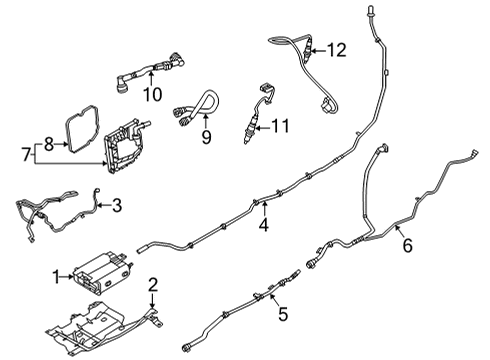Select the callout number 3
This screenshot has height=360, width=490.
click(x=117, y=207)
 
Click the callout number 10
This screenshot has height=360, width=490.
click(x=152, y=96)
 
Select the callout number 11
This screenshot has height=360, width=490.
click(x=281, y=127)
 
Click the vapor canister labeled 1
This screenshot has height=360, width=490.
click(x=100, y=269)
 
